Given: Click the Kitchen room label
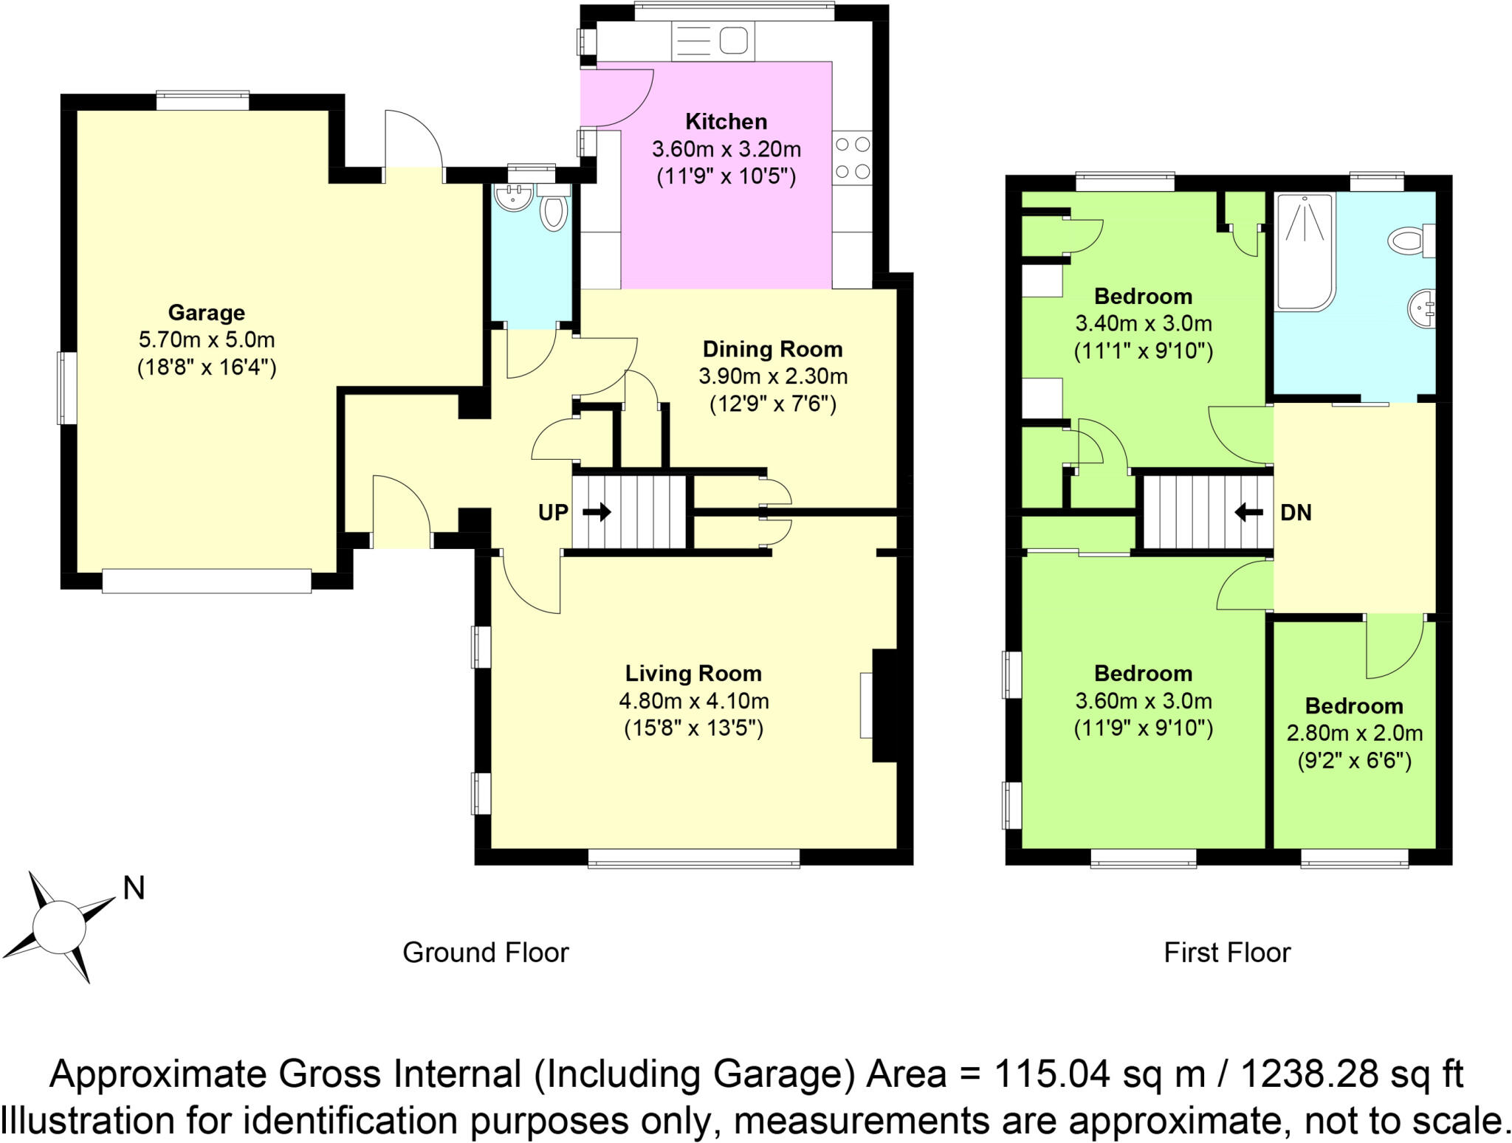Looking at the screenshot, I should coord(726,121).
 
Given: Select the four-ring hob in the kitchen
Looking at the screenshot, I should coord(853,158).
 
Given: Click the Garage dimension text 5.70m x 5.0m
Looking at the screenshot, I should coord(206,340).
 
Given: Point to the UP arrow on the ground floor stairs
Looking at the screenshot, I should coord(597,511).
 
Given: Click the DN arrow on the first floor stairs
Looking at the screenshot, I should coord(1248,511).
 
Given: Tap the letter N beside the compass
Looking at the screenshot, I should coord(133,888).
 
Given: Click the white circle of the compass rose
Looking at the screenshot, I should coord(59,928).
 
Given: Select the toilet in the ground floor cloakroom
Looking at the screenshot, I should coord(554,210).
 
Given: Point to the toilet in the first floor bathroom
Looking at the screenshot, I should coord(1409,241).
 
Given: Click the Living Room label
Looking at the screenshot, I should coord(693,673).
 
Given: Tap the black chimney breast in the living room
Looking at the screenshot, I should coord(884,705).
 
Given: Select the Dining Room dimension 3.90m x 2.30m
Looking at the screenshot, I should coord(772,377).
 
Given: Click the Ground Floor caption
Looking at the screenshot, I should coord(485,953).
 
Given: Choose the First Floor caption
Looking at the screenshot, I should coord(1226,953).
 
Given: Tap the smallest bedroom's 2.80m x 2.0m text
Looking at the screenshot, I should coord(1354,733).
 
